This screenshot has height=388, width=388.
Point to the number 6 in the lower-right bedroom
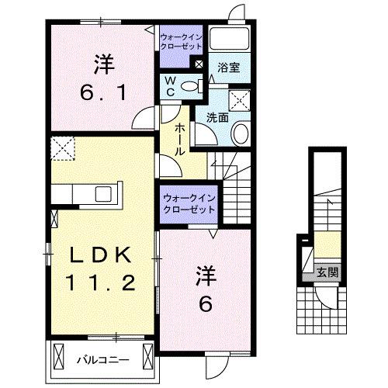(x=206, y=304)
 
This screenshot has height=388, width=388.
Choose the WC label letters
(x=168, y=86)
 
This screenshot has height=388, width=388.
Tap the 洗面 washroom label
(x=217, y=118)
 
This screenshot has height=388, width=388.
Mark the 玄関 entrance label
(x=327, y=272)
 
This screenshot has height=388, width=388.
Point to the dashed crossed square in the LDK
(x=62, y=146)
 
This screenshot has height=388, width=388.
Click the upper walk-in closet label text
(x=181, y=41)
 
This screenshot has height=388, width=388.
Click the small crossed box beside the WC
(x=200, y=65)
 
